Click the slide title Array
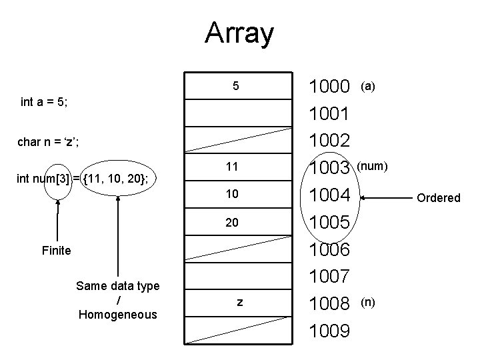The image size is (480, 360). point(239,33)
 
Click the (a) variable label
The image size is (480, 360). point(367,85)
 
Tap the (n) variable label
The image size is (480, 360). point(368,302)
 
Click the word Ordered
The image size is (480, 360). point(438,197)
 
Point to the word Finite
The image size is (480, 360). point(57,251)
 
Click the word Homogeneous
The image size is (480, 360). point(117,314)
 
